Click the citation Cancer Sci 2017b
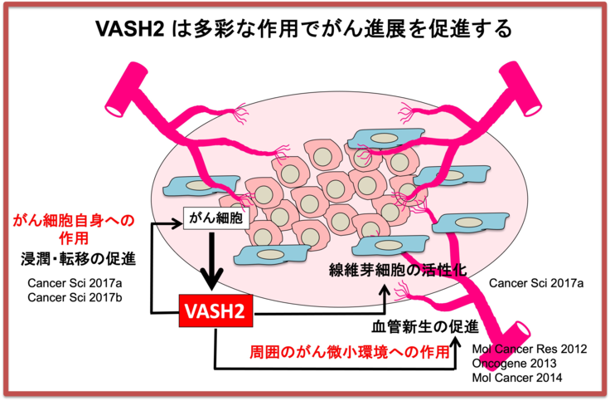75,298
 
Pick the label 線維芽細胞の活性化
398,271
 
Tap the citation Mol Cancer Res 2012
528,349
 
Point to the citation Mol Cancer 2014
516,378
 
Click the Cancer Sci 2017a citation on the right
536,284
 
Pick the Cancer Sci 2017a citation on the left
75,284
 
